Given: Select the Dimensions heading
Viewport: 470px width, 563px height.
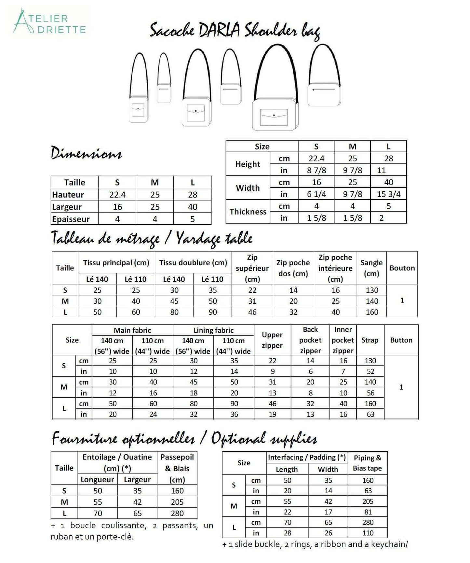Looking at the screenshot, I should pyautogui.click(x=86, y=153).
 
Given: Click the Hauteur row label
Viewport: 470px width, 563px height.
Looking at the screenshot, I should pyautogui.click(x=68, y=195).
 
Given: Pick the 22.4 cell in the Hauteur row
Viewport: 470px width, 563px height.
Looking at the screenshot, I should pyautogui.click(x=117, y=195).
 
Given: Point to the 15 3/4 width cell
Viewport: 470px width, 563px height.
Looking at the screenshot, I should pyautogui.click(x=389, y=194).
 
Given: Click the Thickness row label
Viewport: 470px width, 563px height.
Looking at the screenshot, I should pyautogui.click(x=248, y=212).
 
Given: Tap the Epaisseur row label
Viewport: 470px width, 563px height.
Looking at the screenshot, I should pyautogui.click(x=71, y=219).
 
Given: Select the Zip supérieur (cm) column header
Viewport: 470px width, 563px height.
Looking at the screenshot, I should pyautogui.click(x=252, y=268).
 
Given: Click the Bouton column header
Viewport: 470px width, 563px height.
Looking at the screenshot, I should pyautogui.click(x=402, y=268).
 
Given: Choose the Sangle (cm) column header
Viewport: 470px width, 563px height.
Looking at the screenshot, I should pyautogui.click(x=371, y=268).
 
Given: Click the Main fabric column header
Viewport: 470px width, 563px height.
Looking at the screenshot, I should pyautogui.click(x=132, y=330).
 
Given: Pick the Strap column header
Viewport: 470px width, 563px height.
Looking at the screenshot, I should pyautogui.click(x=370, y=340).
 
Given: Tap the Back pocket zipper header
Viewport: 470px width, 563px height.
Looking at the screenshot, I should pyautogui.click(x=310, y=340).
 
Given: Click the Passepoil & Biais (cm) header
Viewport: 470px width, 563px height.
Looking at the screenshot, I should pyautogui.click(x=177, y=468).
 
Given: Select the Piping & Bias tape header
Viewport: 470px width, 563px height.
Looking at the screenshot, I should pyautogui.click(x=367, y=463).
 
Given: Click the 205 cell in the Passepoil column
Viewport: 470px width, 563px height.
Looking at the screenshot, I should pyautogui.click(x=177, y=502).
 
